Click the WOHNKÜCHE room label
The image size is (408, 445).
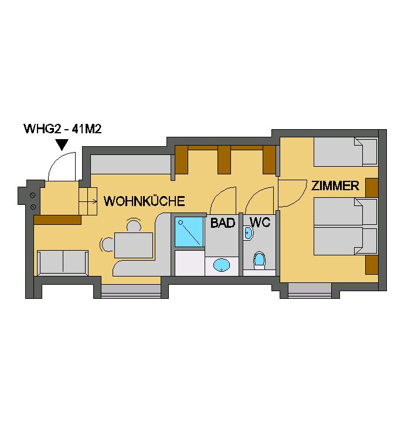pyautogui.click(x=144, y=201)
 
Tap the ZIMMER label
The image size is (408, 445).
pyautogui.click(x=335, y=186)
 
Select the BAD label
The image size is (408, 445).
pyautogui.click(x=223, y=222)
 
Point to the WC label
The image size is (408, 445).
pyautogui.click(x=260, y=222)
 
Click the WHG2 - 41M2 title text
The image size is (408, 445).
pyautogui.click(x=63, y=129)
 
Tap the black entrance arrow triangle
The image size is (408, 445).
pyautogui.click(x=62, y=144)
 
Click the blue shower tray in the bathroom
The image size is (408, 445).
pyautogui.click(x=189, y=232)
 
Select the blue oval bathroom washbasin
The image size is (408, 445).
pyautogui.click(x=222, y=265)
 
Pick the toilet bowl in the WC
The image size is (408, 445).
pyautogui.click(x=259, y=259)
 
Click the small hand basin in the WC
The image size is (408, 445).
pyautogui.click(x=248, y=233)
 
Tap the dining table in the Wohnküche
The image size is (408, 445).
pyautogui.click(x=134, y=245)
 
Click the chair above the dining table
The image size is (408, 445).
pyautogui.click(x=134, y=225)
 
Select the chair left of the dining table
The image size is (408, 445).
pyautogui.click(x=108, y=244)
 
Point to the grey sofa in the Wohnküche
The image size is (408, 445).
pyautogui.click(x=63, y=263)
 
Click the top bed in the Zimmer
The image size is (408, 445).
pyautogui.click(x=346, y=152)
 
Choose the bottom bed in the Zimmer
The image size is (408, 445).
pyautogui.click(x=346, y=241)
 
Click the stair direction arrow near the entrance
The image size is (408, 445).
pyautogui.click(x=88, y=201)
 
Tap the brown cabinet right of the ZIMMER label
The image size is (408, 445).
pyautogui.click(x=372, y=188)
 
